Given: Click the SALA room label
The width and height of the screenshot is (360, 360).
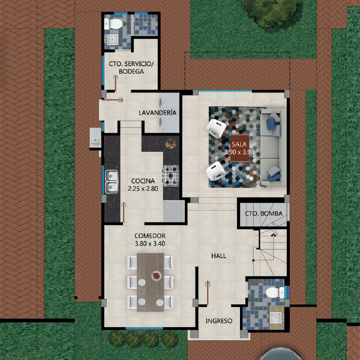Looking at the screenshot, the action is pos(239,145).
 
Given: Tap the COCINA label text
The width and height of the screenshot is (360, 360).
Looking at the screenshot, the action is pos(143,181).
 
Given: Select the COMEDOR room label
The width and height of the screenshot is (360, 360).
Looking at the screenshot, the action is pos(150,236).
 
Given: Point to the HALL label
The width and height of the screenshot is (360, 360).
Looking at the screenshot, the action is pos(219,256).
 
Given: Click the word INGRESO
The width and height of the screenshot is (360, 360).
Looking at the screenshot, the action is pos(219,321).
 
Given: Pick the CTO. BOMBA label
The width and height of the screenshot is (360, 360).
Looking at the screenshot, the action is pos(263,214).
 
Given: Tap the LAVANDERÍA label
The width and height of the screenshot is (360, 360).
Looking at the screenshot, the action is pos(157,113).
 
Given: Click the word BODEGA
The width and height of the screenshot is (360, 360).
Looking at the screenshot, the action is pos(131,71).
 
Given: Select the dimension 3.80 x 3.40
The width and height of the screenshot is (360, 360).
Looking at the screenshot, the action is pos(150,244).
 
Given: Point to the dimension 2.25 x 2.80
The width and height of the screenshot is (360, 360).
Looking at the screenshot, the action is pos(143,189).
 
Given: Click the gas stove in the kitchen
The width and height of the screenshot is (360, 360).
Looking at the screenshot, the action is pos(171,176).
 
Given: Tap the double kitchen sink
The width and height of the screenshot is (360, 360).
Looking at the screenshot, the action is pos(112,182).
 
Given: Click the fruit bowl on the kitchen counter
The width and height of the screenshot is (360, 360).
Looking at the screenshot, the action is pos(170,144).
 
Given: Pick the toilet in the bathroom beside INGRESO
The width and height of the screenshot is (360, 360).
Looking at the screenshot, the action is pos(275,293).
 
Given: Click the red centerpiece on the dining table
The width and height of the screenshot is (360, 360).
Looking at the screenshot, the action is pos(157,275).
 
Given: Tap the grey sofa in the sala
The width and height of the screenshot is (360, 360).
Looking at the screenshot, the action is pos(273,147).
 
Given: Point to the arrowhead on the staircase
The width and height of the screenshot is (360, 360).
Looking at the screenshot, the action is pos(273,235).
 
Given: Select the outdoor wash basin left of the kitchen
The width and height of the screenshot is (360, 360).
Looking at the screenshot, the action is pos(95,139).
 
